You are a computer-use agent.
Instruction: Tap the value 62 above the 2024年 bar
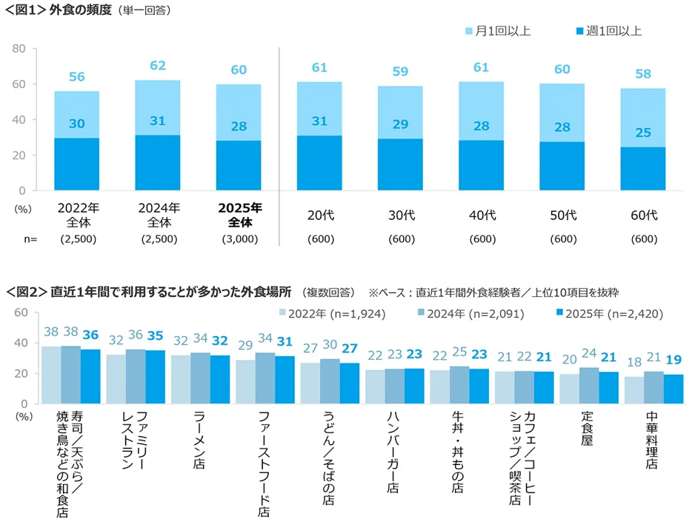[158, 66]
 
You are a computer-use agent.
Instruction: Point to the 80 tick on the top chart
[19, 49]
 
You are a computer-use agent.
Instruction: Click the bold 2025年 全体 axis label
[238, 214]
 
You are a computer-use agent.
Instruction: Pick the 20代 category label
[319, 215]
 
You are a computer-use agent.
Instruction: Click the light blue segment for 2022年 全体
[76, 114]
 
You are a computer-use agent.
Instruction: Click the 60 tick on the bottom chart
[21, 313]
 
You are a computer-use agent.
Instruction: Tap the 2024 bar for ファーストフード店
[265, 378]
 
